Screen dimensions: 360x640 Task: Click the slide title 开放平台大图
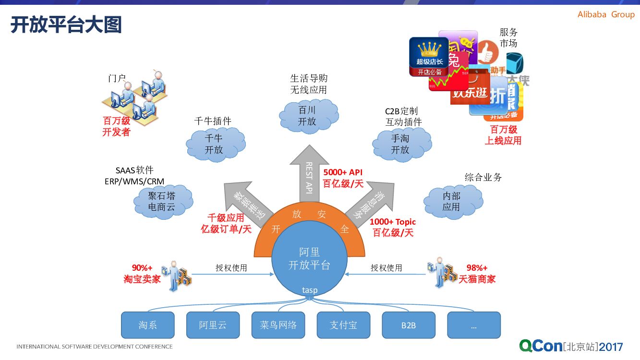tap(66, 25)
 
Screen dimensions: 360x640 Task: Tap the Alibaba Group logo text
tap(606, 14)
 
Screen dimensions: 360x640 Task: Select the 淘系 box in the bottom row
tap(147, 325)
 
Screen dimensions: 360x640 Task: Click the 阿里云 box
tap(213, 325)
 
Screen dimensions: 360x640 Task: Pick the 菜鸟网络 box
tap(278, 325)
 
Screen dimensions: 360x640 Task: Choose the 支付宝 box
tap(343, 325)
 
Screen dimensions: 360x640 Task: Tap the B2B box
tap(409, 325)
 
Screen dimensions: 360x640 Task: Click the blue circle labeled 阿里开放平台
tap(309, 259)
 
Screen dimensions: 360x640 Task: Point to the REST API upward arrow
tap(309, 173)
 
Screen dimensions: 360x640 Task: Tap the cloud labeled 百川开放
tap(308, 116)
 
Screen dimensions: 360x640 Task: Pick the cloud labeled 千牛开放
tap(214, 144)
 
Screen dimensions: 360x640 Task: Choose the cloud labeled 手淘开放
tap(401, 144)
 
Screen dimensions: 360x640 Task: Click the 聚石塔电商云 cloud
tap(162, 202)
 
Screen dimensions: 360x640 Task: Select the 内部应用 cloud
tap(452, 201)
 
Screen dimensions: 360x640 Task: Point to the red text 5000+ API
tap(343, 172)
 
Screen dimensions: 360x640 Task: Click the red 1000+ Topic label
tap(393, 222)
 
